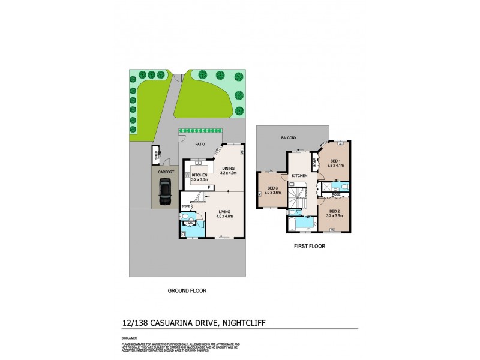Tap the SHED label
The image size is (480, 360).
pyautogui.click(x=155, y=155)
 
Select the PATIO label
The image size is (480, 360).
pyautogui.click(x=201, y=144)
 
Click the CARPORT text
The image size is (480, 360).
pyautogui.click(x=166, y=172)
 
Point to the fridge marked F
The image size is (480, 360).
pyautogui.click(x=209, y=188)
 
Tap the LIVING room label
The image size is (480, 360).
pyautogui.click(x=225, y=211)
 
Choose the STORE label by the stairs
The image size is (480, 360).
pyautogui.click(x=185, y=208)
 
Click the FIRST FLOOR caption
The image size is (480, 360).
pyautogui.click(x=310, y=245)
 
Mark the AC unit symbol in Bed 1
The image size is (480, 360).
pyautogui.click(x=340, y=145)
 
